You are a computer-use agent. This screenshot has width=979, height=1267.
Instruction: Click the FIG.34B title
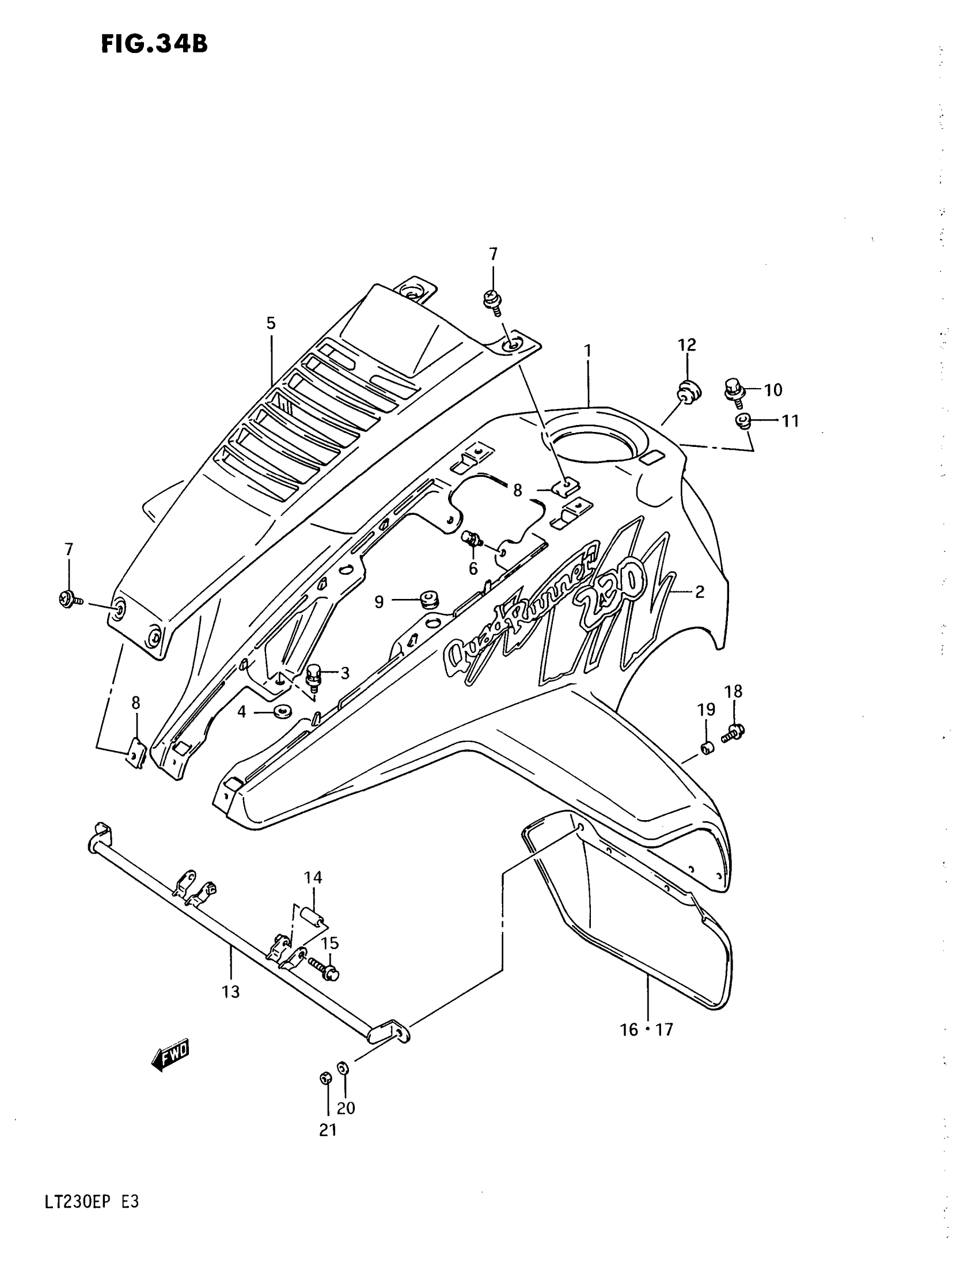[x=154, y=44]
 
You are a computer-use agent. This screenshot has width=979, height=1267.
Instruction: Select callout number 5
[x=271, y=323]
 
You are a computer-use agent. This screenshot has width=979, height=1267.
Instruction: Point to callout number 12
[x=686, y=344]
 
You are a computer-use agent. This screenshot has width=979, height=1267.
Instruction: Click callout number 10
[x=772, y=390]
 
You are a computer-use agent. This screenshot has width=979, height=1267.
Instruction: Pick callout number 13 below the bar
[x=230, y=992]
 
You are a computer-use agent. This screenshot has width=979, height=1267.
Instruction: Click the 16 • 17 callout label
[x=647, y=1029]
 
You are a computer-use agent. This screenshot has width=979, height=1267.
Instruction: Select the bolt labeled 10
[x=734, y=389]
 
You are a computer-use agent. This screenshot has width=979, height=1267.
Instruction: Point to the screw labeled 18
[x=734, y=733]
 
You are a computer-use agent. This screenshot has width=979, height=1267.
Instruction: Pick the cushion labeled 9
[x=429, y=598]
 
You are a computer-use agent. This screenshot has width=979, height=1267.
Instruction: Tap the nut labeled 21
[x=325, y=1079]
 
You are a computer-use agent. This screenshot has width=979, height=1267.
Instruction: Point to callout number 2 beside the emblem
[x=700, y=591]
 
